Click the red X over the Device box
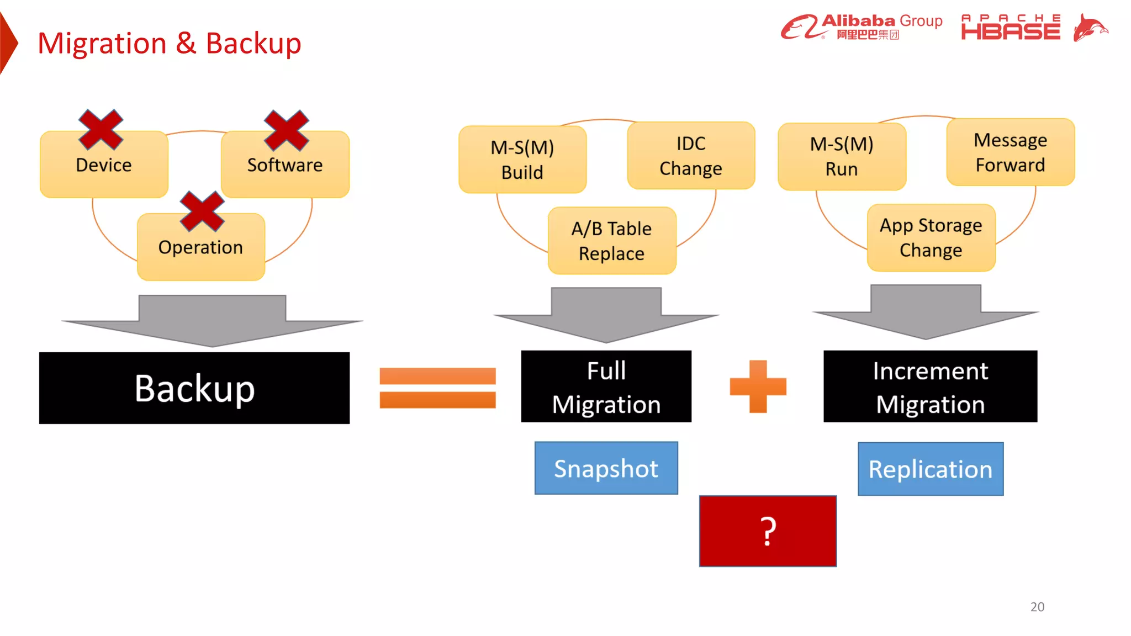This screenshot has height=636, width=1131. pos(101,130)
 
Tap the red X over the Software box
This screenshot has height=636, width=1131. pos(286,130)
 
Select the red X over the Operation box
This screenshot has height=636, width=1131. pos(202,211)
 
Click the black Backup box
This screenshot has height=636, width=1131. pos(194,388)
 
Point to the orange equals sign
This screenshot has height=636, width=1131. pos(437,388)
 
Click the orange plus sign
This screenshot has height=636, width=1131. pos(758,386)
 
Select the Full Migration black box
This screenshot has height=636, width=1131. pos(606,386)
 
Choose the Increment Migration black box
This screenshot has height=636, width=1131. pos(930,386)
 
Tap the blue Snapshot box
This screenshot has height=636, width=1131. pos(606,468)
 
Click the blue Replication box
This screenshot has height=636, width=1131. pos(930,469)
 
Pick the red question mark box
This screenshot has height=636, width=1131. pos(768,531)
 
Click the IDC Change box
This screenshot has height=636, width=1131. pos(690,156)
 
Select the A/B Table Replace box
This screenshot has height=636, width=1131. pos(611,241)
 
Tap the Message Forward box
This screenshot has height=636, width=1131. pos(1010,152)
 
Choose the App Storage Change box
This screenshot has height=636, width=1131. pos(931,238)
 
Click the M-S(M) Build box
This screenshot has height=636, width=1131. pos(522,160)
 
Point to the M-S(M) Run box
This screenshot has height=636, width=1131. pos(842,157)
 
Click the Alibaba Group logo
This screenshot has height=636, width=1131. pos(862,26)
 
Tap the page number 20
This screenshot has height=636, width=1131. pos(1037,607)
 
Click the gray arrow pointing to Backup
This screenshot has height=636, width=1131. pos(213,321)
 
